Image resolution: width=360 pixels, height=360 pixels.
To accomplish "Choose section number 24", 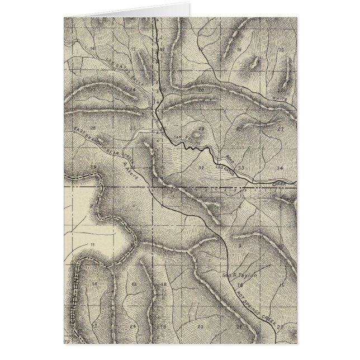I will coord(132,325).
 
